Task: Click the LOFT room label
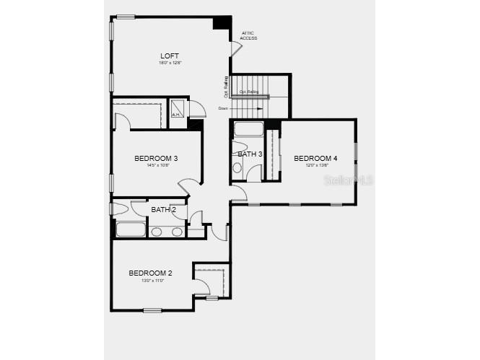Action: (170, 56)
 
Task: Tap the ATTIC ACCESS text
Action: (248, 35)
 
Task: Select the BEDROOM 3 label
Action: (156, 158)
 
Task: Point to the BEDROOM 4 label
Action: (315, 158)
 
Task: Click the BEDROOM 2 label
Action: (150, 273)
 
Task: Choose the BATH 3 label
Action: (250, 154)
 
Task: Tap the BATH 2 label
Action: (163, 210)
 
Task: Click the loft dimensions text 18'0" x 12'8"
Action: (170, 63)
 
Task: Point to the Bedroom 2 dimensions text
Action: (150, 280)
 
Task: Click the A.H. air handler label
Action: (176, 115)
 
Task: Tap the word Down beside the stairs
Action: (223, 108)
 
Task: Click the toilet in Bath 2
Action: (121, 209)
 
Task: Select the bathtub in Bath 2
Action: (131, 231)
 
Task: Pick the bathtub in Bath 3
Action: (250, 130)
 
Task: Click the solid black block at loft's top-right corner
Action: (222, 22)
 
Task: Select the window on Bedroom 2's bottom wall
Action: (152, 310)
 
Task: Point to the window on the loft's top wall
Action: (126, 17)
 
